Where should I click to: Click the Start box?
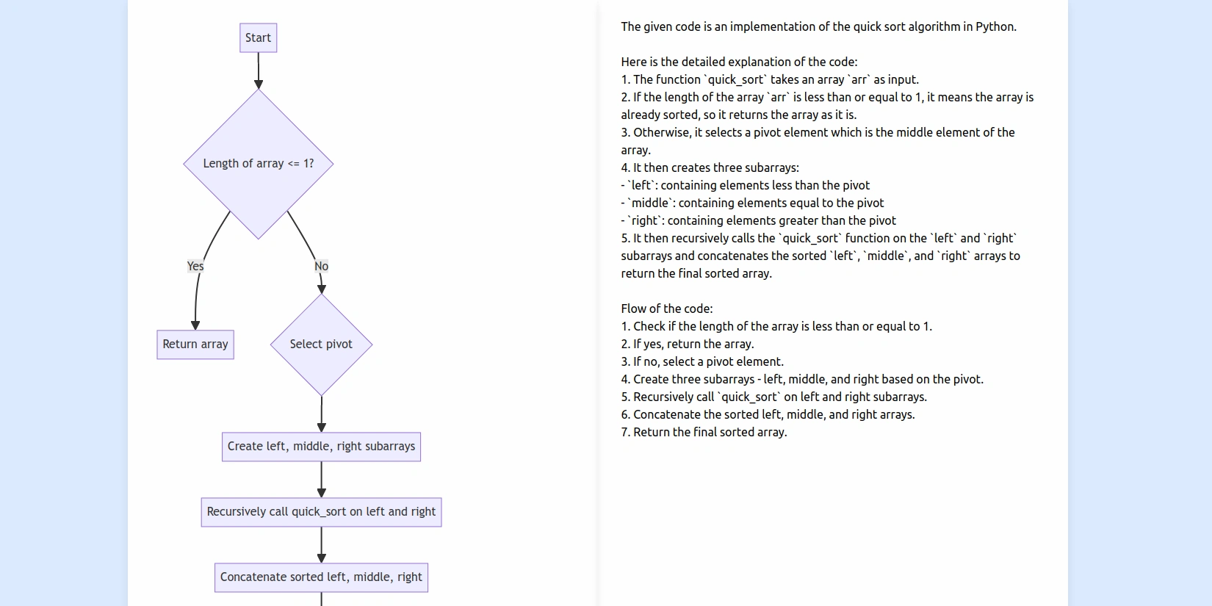point(258,38)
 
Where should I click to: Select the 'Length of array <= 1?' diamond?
point(258,164)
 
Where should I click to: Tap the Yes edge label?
point(195,266)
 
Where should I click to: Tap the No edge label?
point(321,266)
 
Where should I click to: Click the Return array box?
point(195,345)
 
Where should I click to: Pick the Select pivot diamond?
point(321,345)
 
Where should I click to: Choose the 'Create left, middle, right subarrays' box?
point(321,447)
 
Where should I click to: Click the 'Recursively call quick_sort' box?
point(321,512)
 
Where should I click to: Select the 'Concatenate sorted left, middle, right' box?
point(321,577)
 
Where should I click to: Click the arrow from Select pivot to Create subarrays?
point(321,414)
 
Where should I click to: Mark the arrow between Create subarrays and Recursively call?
point(321,480)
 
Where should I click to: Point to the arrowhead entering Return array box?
point(195,325)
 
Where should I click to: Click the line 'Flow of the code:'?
point(667,309)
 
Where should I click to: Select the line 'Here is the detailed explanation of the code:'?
point(739,62)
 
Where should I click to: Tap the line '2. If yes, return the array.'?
point(688,345)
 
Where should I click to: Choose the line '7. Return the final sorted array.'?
point(704,433)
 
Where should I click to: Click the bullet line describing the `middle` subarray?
point(753,203)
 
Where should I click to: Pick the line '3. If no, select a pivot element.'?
point(702,362)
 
